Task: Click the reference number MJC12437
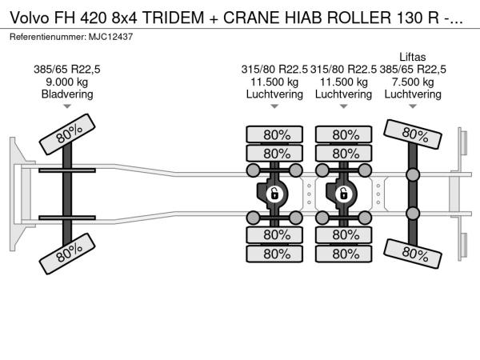pyautogui.click(x=111, y=37)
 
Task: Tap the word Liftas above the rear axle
pyautogui.click(x=412, y=57)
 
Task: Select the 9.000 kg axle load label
pyautogui.click(x=66, y=82)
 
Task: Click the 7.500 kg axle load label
pyautogui.click(x=413, y=82)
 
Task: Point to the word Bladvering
pyautogui.click(x=67, y=94)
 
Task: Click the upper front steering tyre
pyautogui.click(x=67, y=134)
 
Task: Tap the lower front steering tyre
pyautogui.click(x=67, y=254)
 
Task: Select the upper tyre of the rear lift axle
pyautogui.click(x=413, y=134)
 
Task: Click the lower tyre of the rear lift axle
pyautogui.click(x=413, y=254)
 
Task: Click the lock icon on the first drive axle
pyautogui.click(x=274, y=194)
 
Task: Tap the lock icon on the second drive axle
pyautogui.click(x=343, y=194)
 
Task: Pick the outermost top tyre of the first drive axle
pyautogui.click(x=274, y=134)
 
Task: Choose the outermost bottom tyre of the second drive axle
pyautogui.click(x=344, y=254)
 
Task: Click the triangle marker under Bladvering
pyautogui.click(x=67, y=106)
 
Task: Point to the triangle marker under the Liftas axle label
pyautogui.click(x=413, y=106)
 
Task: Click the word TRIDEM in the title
pyautogui.click(x=173, y=18)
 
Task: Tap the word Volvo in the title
pyautogui.click(x=30, y=18)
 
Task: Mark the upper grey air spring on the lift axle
pyautogui.click(x=413, y=174)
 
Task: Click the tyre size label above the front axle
pyautogui.click(x=67, y=70)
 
